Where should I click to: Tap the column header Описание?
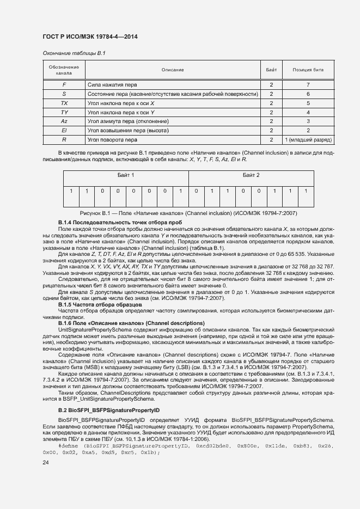[x=173, y=70]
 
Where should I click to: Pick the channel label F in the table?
[x=64, y=85]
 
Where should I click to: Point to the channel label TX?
[x=64, y=103]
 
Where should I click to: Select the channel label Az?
[x=64, y=121]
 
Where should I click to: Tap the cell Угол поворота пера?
[x=113, y=139]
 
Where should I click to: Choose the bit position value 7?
[x=308, y=85]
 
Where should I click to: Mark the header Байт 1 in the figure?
[x=126, y=175]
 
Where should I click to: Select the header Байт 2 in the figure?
[x=251, y=175]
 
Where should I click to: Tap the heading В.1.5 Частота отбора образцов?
[x=100, y=305]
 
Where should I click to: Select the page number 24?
[x=46, y=463]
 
